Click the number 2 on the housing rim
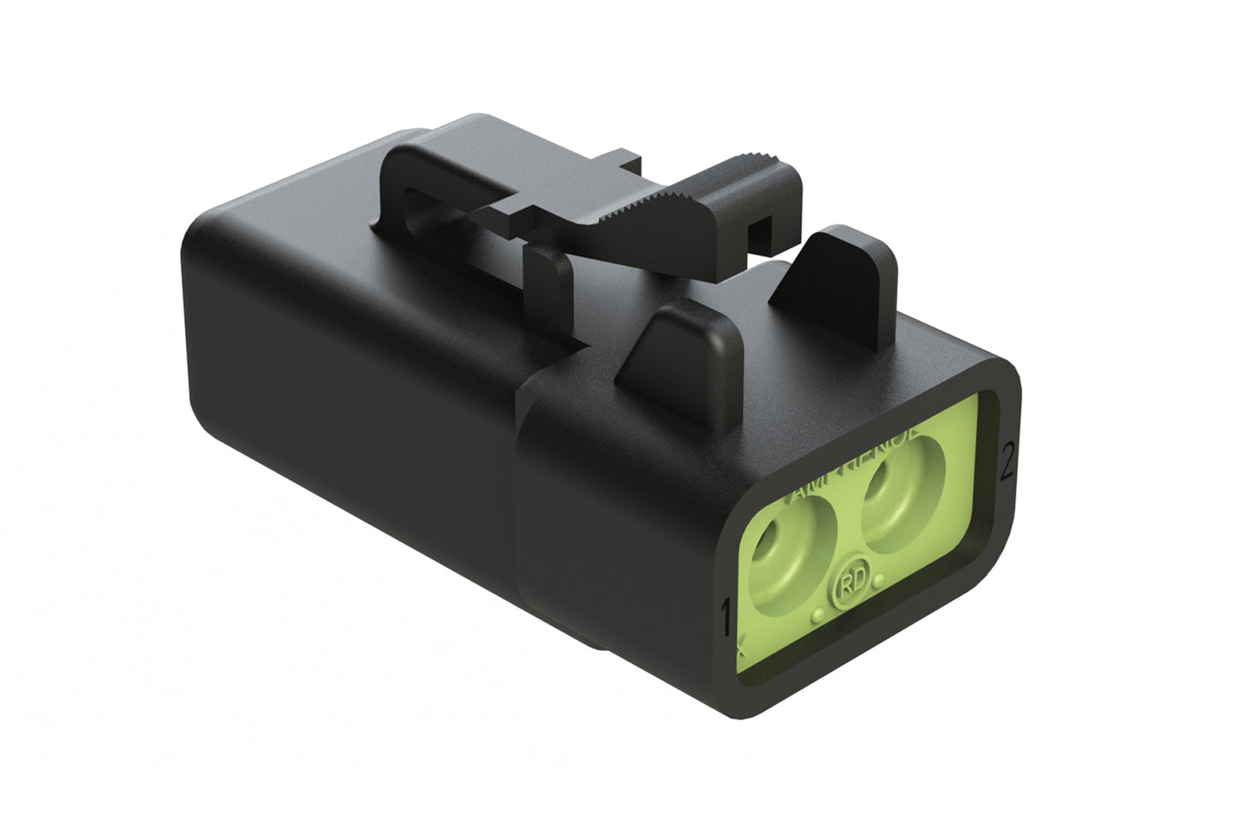pyautogui.click(x=1008, y=463)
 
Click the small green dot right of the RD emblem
pyautogui.click(x=879, y=583)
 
